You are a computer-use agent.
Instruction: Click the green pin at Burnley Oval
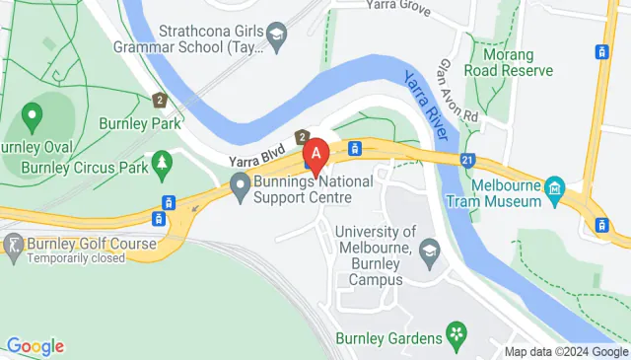point(33,119)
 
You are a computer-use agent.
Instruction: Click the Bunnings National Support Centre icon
point(240,183)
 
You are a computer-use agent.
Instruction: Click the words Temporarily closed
point(77,258)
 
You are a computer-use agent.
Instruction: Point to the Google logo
point(35,346)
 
